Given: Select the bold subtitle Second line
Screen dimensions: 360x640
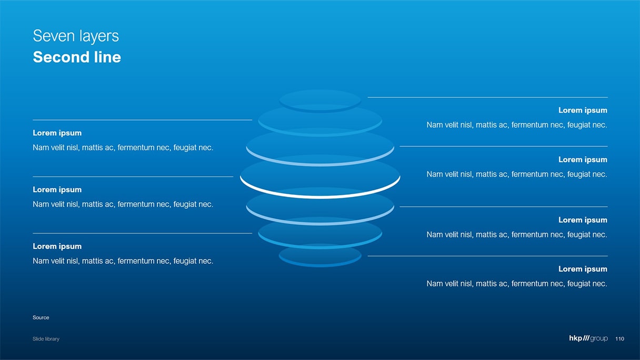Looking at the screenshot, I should pyautogui.click(x=77, y=57).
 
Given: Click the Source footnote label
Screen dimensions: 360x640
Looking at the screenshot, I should pyautogui.click(x=41, y=317).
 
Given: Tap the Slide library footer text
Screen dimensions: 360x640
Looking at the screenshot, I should pyautogui.click(x=46, y=339).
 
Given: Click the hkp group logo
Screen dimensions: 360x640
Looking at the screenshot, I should pyautogui.click(x=588, y=338).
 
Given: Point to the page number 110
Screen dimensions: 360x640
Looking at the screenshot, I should pyautogui.click(x=619, y=339).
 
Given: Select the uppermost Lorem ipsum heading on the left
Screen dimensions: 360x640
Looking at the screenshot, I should pyautogui.click(x=57, y=133).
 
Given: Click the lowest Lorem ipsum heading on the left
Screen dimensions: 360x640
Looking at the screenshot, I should pyautogui.click(x=57, y=246).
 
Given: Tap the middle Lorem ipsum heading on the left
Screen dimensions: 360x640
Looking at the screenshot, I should pyautogui.click(x=57, y=189).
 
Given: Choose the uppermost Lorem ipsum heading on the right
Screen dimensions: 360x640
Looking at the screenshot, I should pyautogui.click(x=583, y=110).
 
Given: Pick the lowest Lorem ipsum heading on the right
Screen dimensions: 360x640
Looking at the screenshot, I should pyautogui.click(x=583, y=269).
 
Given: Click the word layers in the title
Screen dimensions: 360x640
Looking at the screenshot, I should pyautogui.click(x=98, y=36).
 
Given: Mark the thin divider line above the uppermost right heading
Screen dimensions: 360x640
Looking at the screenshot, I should pyautogui.click(x=487, y=97).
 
